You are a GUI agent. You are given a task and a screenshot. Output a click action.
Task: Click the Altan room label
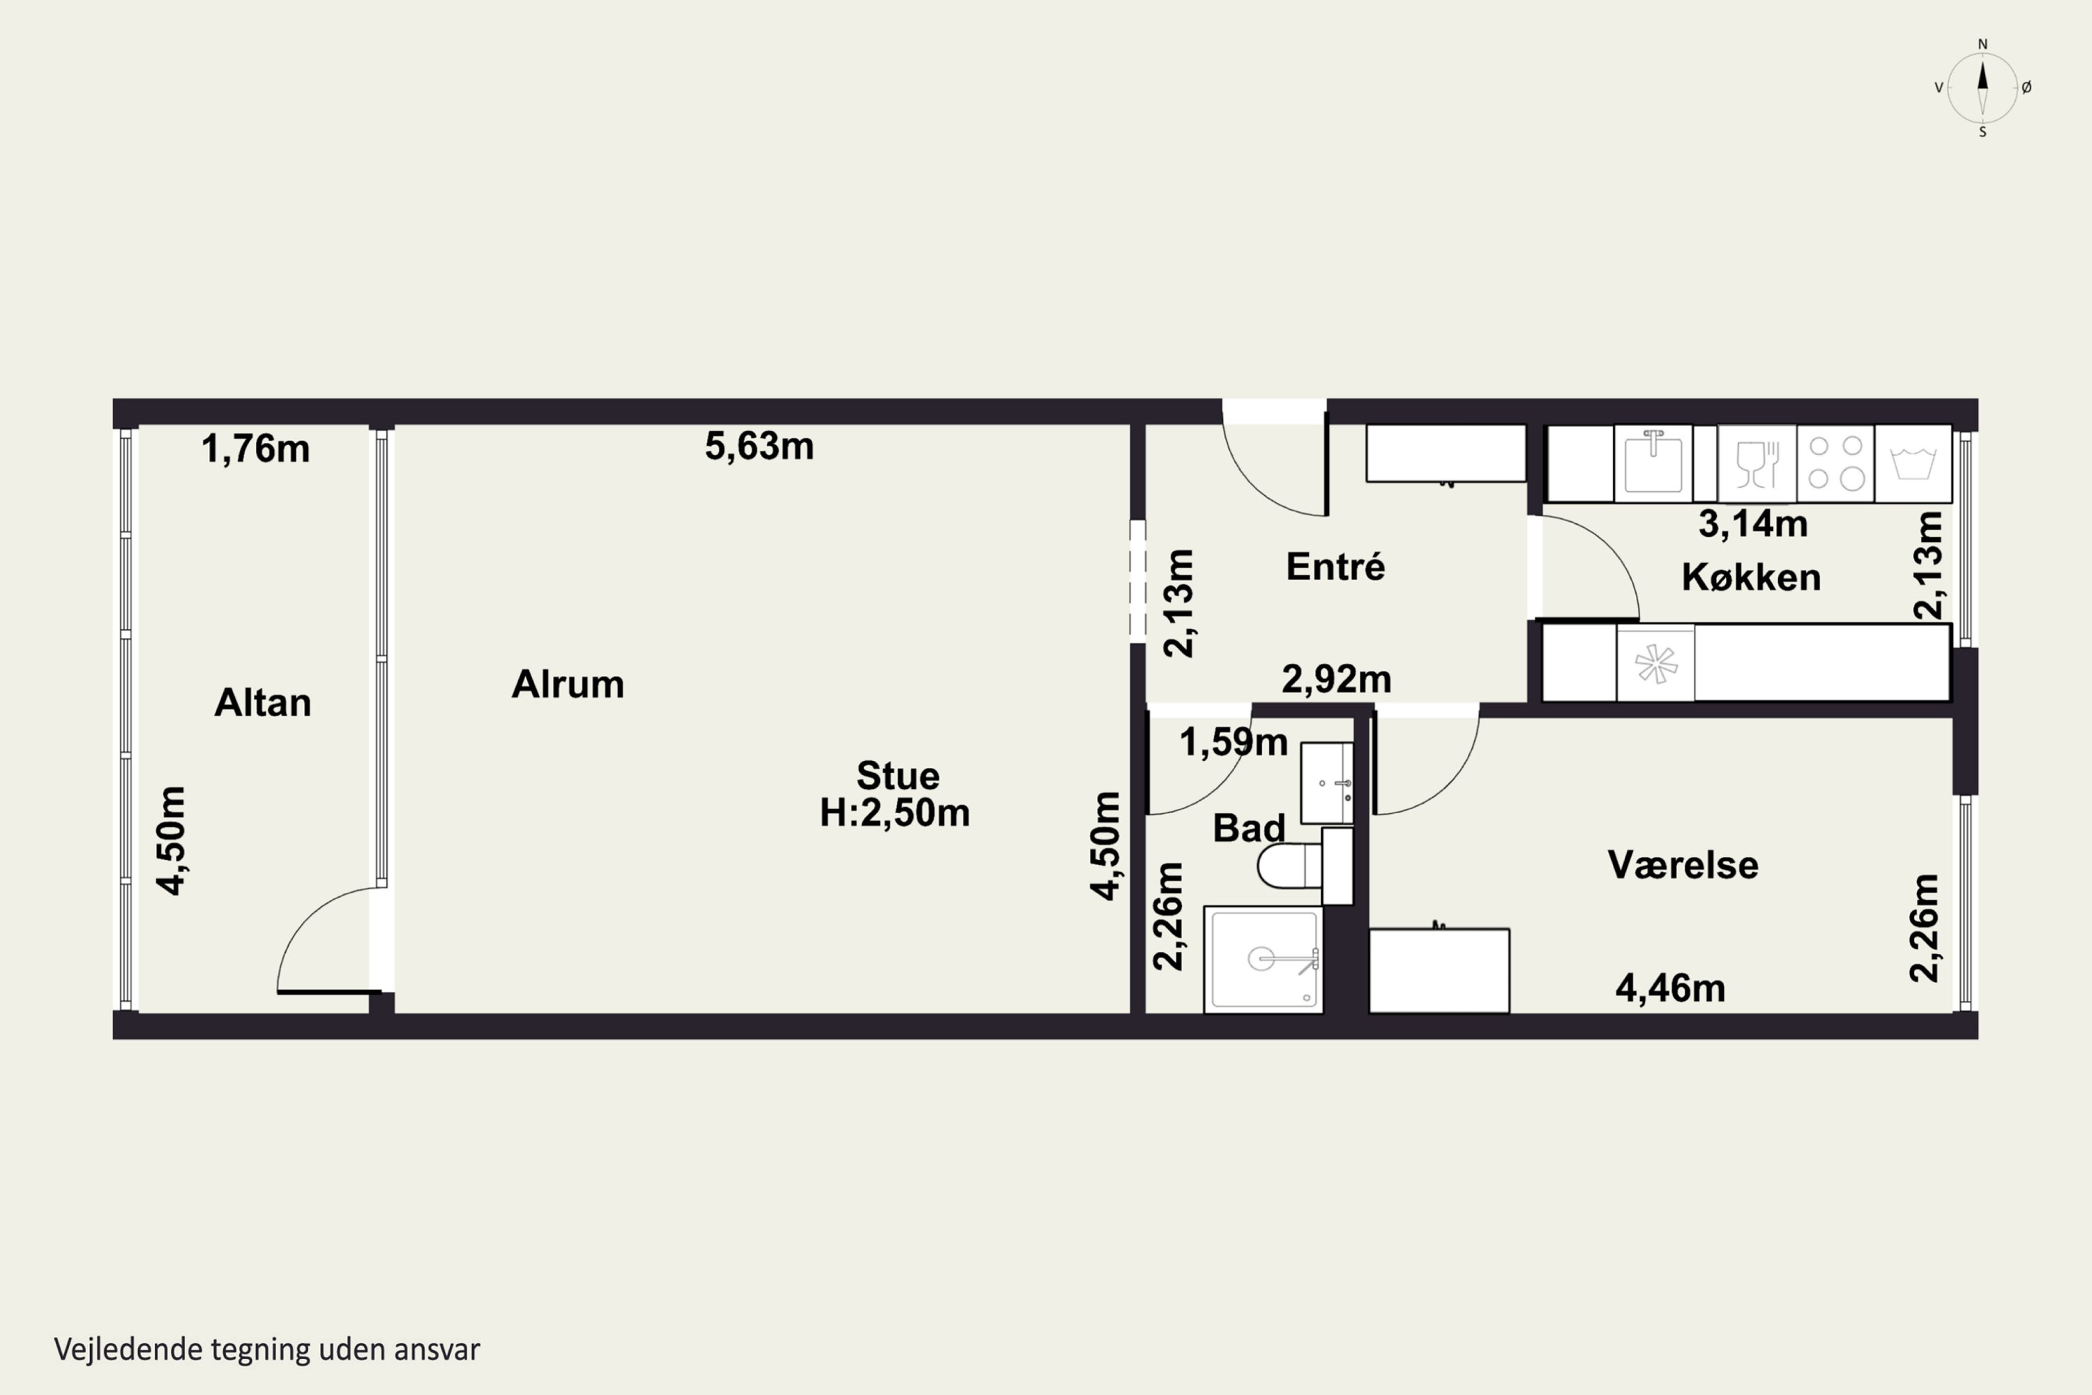(262, 703)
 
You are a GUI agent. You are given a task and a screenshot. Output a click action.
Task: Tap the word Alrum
(568, 684)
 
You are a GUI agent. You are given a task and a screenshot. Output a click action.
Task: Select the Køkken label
(1750, 578)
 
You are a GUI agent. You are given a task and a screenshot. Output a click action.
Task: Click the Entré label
(1335, 566)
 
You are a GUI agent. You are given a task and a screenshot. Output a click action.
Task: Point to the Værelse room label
(1683, 865)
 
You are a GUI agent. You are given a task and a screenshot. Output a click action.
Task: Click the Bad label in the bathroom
(1249, 829)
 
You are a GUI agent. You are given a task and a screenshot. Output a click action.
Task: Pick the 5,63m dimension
(759, 446)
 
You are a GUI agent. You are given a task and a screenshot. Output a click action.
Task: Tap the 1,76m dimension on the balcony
(255, 448)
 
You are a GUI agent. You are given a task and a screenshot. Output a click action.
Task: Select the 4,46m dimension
(1669, 988)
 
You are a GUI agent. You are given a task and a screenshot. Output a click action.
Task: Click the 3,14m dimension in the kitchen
(1752, 523)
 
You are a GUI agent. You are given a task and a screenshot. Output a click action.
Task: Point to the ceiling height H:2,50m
(894, 813)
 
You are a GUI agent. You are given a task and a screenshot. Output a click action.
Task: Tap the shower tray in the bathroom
(1263, 959)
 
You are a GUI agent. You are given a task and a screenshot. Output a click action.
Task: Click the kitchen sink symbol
(1653, 462)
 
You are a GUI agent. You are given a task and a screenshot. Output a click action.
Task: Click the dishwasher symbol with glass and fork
(1757, 464)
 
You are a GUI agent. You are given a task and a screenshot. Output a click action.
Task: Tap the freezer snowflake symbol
(1655, 663)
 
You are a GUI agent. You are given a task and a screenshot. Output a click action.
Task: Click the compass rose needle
(1982, 87)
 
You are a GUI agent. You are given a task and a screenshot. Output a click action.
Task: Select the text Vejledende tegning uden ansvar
(267, 1349)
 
